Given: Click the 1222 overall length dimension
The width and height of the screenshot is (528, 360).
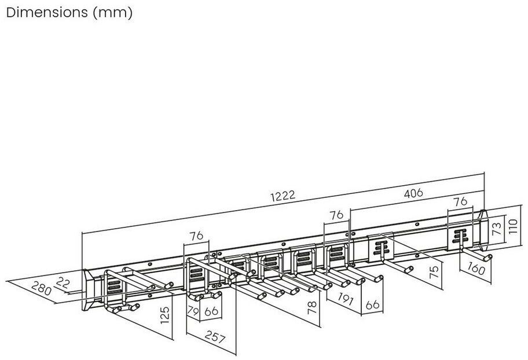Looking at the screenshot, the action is tap(283, 195).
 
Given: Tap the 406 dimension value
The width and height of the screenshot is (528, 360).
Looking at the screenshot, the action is tap(413, 193).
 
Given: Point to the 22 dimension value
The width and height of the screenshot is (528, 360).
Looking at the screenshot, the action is tap(63, 282).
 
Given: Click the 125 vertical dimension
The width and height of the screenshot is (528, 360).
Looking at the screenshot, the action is tap(164, 315).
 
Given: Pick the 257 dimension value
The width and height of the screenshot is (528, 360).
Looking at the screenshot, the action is tap(215, 337).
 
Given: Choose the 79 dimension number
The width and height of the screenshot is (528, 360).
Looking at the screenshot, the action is tap(193, 311).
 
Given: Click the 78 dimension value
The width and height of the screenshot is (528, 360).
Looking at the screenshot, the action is tap(312, 307).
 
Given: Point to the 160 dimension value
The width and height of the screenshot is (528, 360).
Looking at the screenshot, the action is tap(476, 269).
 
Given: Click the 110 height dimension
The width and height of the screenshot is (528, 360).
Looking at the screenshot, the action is tap(512, 227).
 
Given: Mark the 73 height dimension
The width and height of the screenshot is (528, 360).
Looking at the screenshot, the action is tap(497, 228).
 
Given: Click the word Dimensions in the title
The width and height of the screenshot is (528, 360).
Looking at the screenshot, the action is tap(47, 13).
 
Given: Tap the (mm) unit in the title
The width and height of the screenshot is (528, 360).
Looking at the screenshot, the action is tap(112, 13).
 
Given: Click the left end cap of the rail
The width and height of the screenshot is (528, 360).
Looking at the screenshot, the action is tap(88, 289).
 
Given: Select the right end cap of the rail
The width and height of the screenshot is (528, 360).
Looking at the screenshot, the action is tap(483, 230).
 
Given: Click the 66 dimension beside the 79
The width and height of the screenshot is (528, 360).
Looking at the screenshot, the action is tap(211, 311).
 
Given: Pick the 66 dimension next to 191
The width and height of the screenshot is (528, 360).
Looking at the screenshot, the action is tap(372, 304).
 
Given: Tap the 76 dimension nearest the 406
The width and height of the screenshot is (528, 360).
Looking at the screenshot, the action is tap(460, 201).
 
